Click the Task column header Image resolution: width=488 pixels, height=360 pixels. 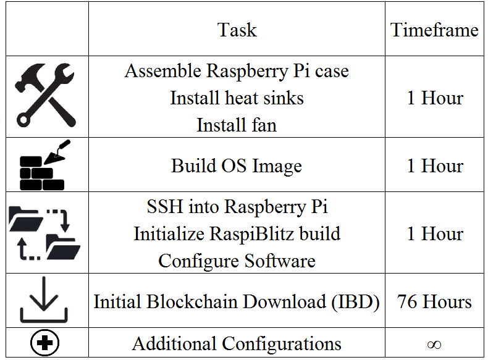(237, 30)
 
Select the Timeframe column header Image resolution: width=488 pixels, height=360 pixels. (434, 30)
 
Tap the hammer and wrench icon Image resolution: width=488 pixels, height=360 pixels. (45, 95)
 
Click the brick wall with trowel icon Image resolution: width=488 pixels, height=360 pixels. (44, 165)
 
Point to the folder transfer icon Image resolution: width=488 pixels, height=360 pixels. (44, 233)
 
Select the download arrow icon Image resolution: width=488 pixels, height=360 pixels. (44, 299)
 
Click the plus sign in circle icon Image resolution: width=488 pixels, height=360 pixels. (44, 343)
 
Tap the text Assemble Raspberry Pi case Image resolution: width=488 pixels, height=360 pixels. (237, 71)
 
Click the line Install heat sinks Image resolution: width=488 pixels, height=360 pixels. (237, 98)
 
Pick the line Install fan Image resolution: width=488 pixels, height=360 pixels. (237, 125)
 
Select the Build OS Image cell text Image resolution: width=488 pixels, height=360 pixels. (237, 166)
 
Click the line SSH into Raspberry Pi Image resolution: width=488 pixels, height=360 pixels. (237, 207)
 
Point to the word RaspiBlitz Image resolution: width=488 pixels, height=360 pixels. (251, 234)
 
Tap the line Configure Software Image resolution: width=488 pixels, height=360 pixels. (237, 261)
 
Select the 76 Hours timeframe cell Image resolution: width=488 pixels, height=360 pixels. (434, 301)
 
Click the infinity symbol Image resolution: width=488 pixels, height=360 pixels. (434, 345)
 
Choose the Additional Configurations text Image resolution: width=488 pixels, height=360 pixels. (237, 344)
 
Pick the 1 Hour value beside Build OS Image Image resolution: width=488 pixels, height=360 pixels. (435, 165)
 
